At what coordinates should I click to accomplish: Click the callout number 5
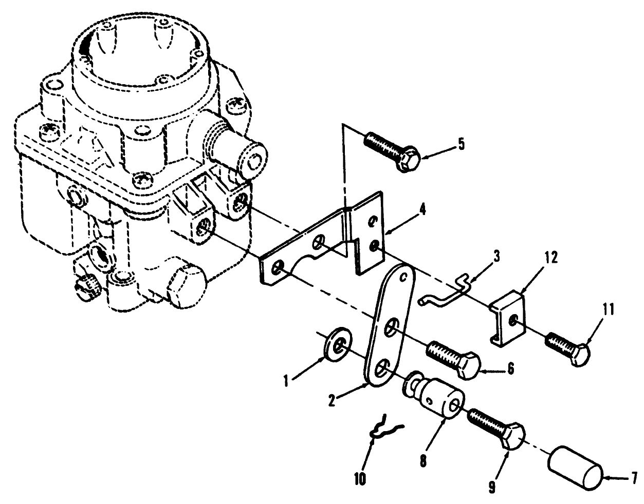click(461, 144)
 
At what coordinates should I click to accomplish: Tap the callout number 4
click(421, 209)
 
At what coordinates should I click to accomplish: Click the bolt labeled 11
click(568, 347)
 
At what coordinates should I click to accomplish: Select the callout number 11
click(609, 309)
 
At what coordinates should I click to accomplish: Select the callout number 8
click(422, 459)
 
